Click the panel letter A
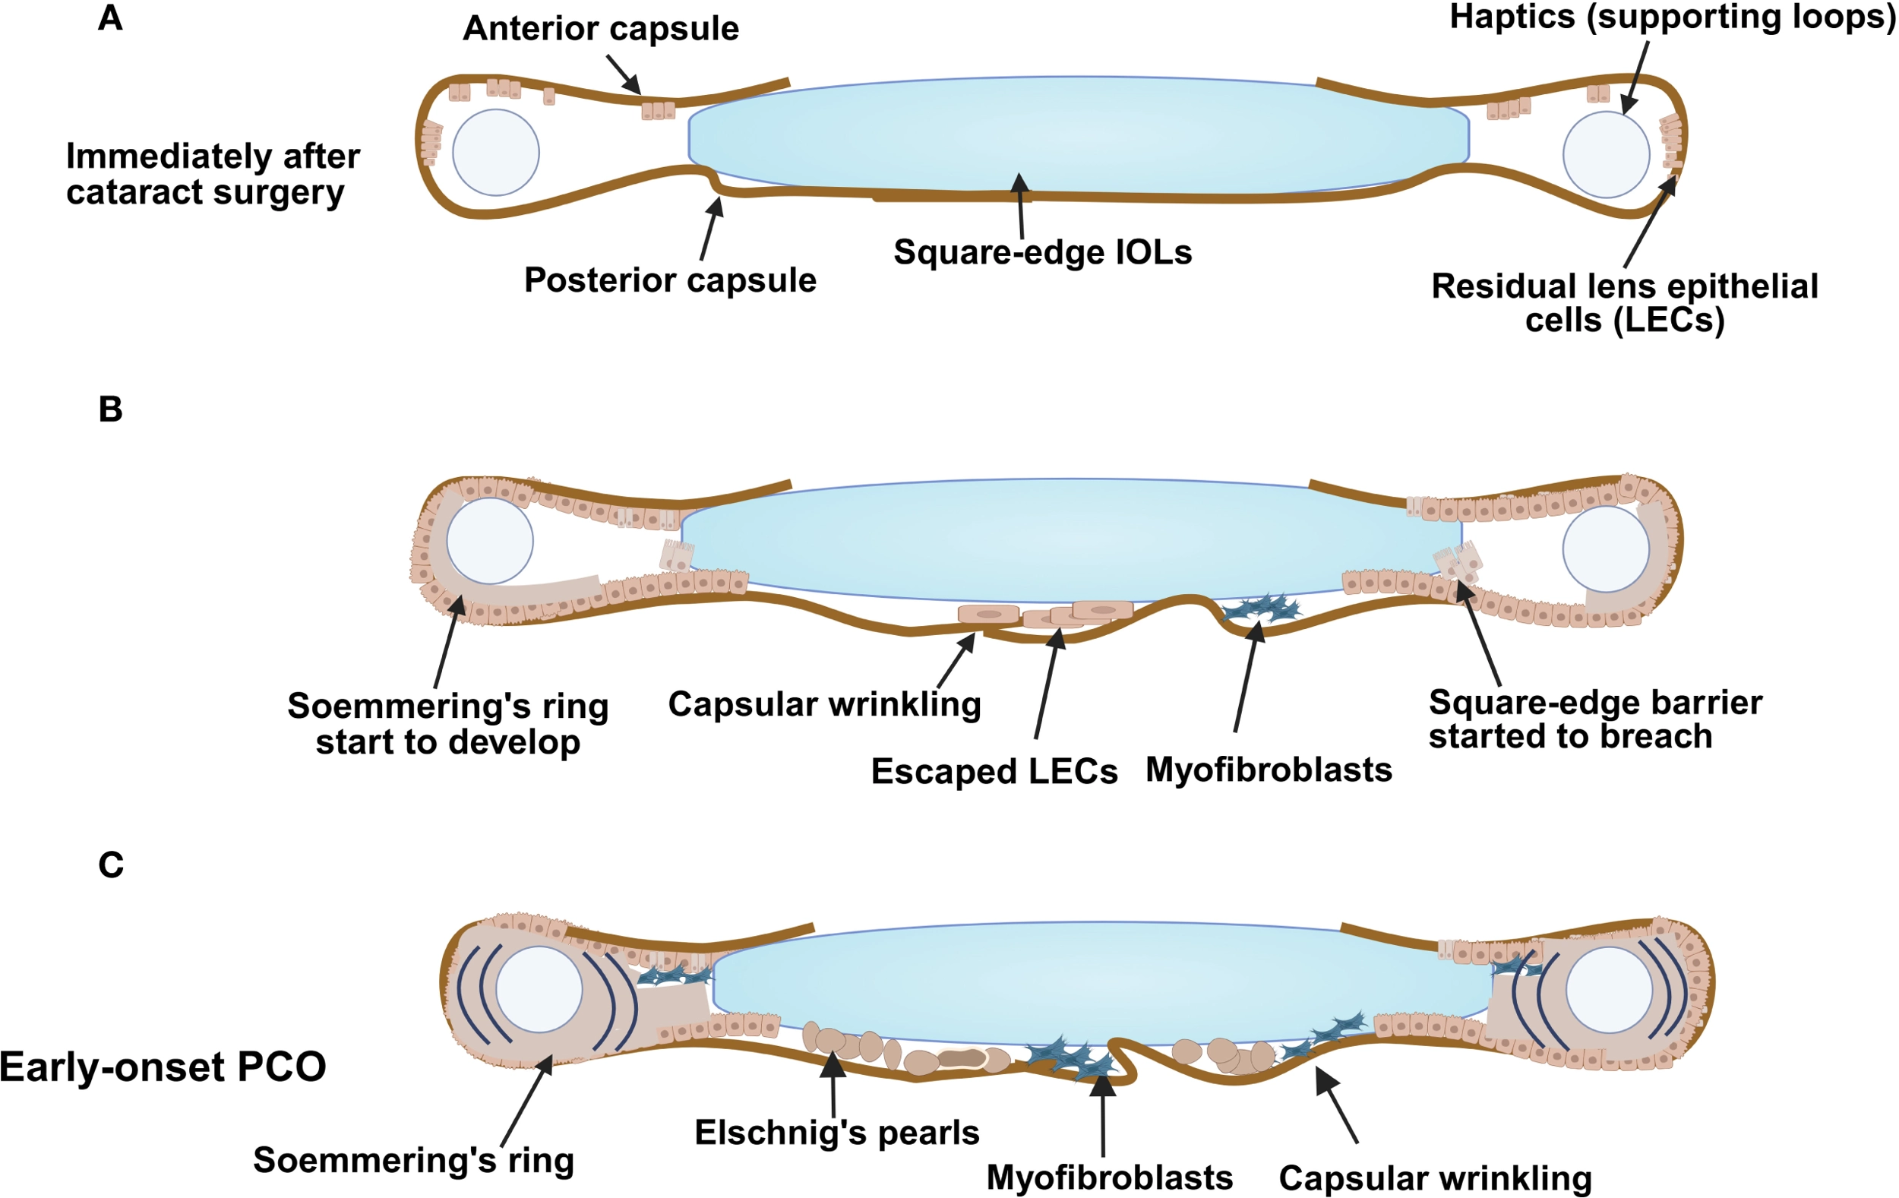pyautogui.click(x=110, y=17)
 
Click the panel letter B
pyautogui.click(x=110, y=409)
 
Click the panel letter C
pyautogui.click(x=110, y=865)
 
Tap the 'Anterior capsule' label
pyautogui.click(x=601, y=29)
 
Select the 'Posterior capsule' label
pyautogui.click(x=670, y=281)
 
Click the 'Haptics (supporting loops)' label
pyautogui.click(x=1672, y=18)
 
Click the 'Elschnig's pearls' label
pyautogui.click(x=837, y=1133)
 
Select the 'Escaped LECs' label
pyautogui.click(x=994, y=771)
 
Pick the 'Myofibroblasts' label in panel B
pyautogui.click(x=1269, y=770)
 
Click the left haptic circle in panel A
pyautogui.click(x=496, y=152)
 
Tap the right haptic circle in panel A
pyautogui.click(x=1607, y=154)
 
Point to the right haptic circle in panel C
pyautogui.click(x=1609, y=990)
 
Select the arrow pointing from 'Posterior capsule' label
pyautogui.click(x=710, y=229)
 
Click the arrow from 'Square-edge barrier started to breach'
pyautogui.click(x=1478, y=634)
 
